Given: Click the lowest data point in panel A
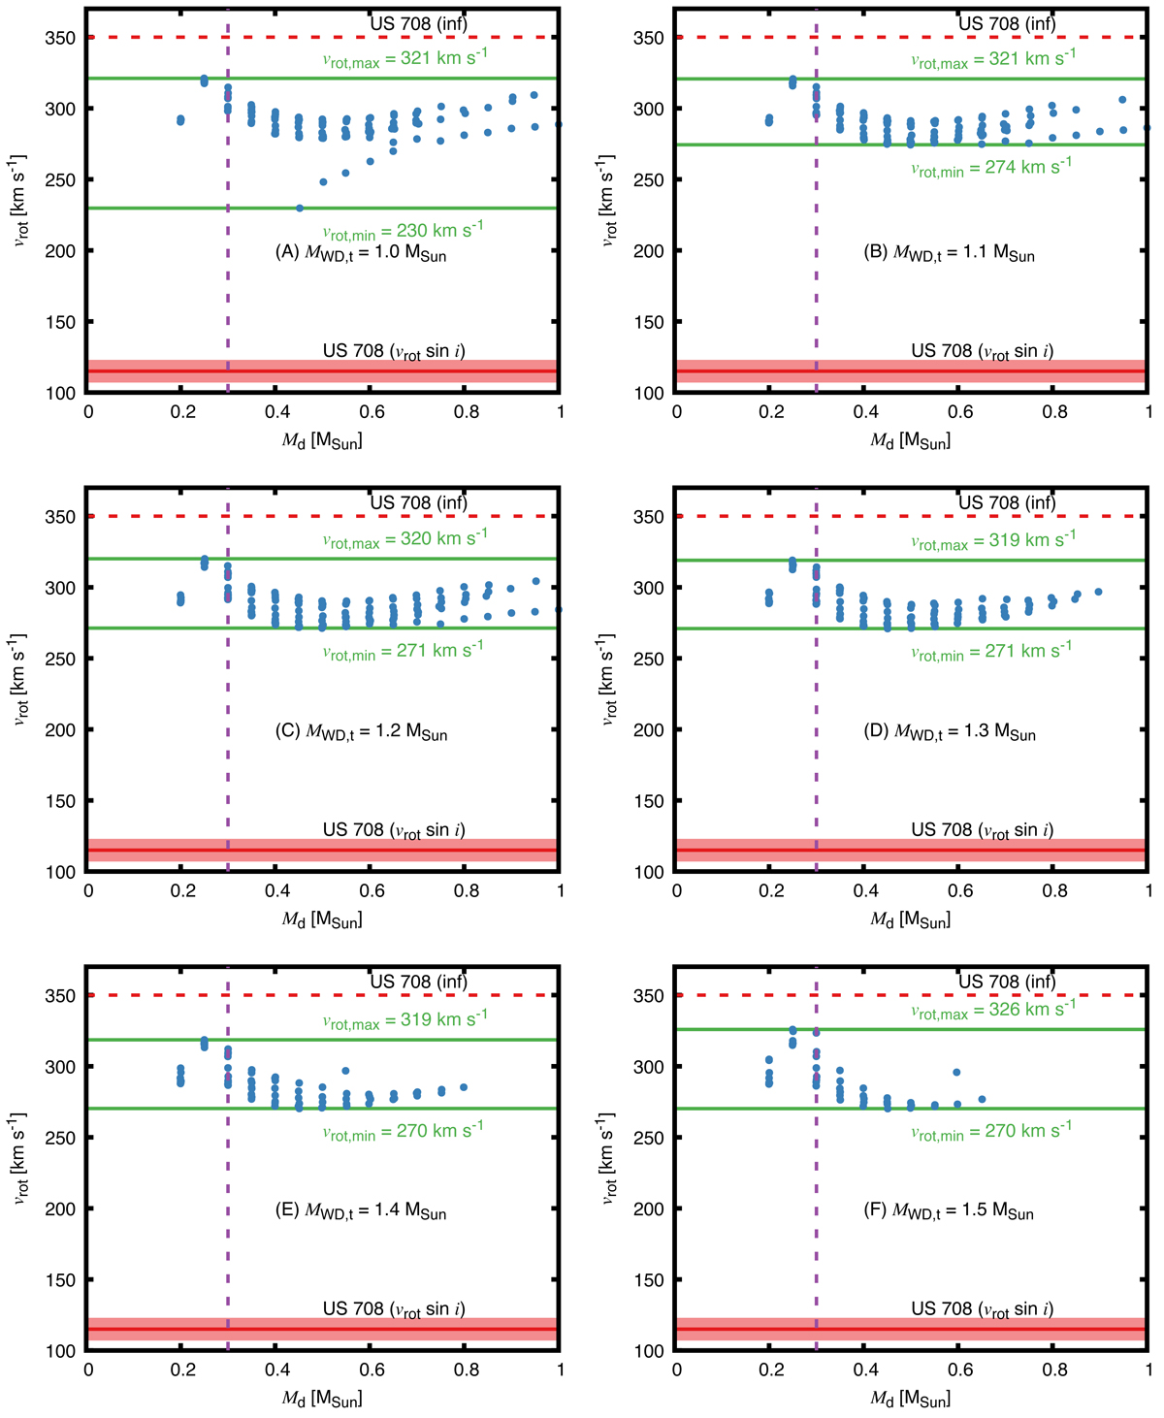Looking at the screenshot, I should click(x=300, y=209).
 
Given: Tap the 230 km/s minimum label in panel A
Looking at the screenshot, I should click(x=403, y=231).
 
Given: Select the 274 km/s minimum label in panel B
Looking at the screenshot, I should click(x=990, y=167).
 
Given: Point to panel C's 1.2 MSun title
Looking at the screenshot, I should click(x=362, y=732).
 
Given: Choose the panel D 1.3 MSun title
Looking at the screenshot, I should click(x=950, y=732).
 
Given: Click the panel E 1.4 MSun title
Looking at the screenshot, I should click(x=362, y=1211).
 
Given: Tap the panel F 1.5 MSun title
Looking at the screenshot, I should click(x=949, y=1211).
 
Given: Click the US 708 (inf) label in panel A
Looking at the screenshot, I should click(x=418, y=23).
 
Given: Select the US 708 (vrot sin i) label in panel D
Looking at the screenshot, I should click(x=982, y=830).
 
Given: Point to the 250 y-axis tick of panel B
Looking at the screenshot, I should click(x=650, y=180).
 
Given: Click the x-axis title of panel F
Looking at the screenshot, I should click(x=910, y=1399).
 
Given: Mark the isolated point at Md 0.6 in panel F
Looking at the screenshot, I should click(x=957, y=1073).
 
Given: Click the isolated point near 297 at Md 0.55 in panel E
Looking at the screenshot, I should click(x=346, y=1072).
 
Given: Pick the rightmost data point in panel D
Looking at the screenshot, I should click(x=1098, y=592).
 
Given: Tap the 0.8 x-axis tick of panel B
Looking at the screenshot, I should click(x=1054, y=412).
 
